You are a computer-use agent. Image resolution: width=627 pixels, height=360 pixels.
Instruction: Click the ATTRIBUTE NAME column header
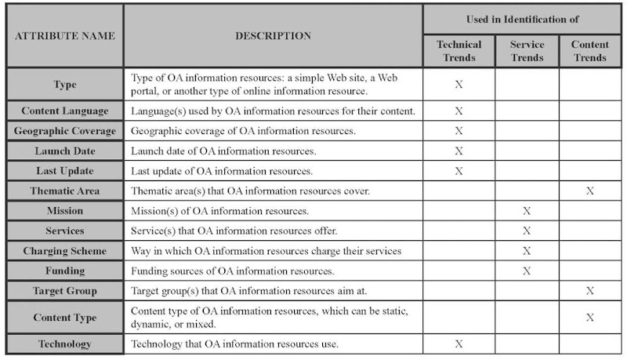pos(64,36)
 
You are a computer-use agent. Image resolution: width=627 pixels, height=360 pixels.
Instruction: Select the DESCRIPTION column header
pos(273,36)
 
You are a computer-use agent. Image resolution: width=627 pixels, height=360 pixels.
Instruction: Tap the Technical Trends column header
pos(458,51)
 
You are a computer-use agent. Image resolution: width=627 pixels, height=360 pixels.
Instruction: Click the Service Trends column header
pos(527,51)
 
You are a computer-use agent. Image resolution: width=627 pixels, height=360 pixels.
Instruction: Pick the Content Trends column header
pos(589,51)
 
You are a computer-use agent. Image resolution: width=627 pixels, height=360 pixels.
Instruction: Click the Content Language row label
pos(64,111)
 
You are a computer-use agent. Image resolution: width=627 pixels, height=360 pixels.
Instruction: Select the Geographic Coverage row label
pos(64,131)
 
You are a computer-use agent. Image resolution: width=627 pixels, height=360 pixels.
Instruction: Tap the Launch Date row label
pos(64,151)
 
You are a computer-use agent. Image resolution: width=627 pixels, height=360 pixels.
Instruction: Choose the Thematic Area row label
pos(64,191)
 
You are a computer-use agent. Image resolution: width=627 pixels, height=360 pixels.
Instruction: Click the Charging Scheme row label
pos(64,251)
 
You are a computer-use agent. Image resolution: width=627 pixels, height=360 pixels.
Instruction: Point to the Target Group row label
pos(64,291)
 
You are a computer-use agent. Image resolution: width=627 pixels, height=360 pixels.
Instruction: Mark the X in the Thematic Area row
pos(589,191)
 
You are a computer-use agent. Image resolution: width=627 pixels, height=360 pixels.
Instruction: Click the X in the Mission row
pos(527,211)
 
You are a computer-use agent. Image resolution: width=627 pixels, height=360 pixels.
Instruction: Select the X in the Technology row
pos(458,344)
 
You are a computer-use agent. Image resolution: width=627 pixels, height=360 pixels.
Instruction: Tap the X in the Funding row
pos(527,271)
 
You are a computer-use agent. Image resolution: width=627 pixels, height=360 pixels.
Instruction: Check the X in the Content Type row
pos(589,317)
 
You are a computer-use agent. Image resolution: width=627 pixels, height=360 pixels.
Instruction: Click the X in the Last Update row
pos(458,171)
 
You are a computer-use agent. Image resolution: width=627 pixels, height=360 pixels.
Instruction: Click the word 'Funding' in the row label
pos(64,271)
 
